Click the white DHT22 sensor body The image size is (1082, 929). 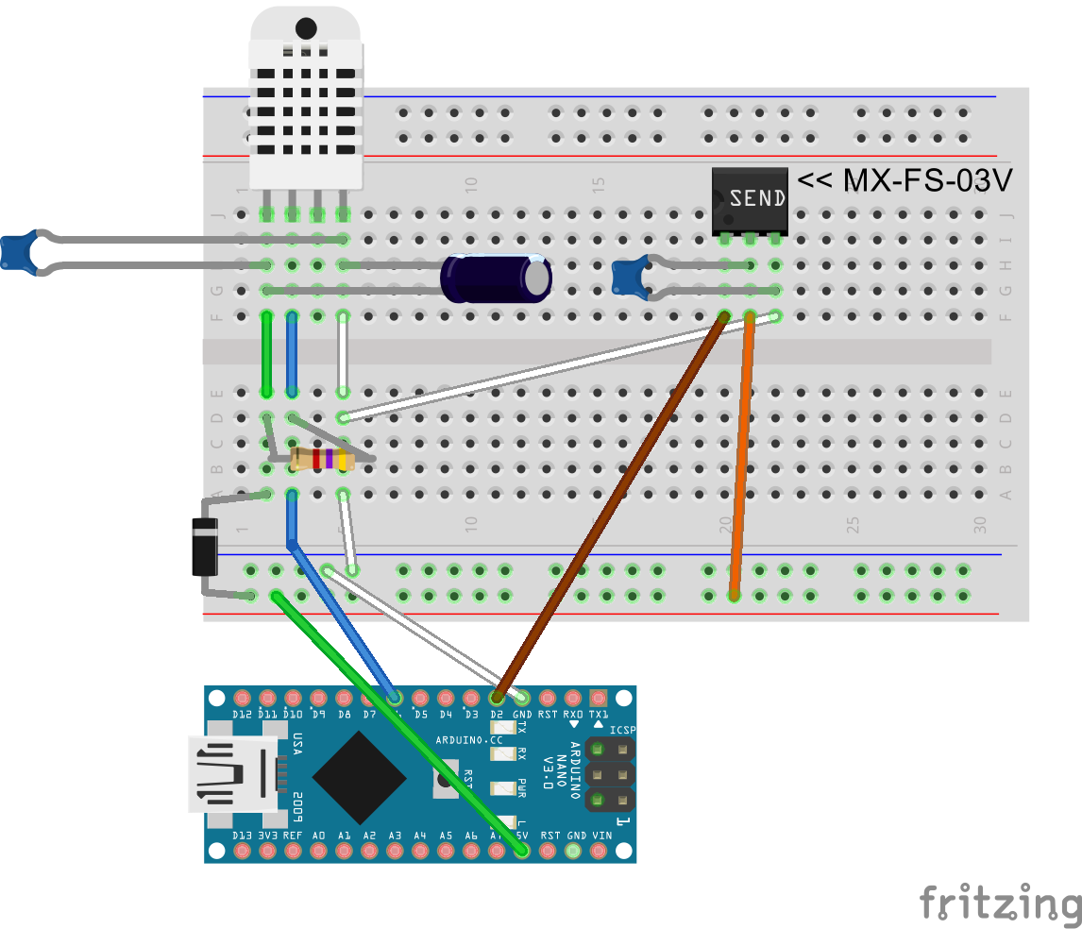[x=305, y=104]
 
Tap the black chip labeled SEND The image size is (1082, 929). [x=750, y=199]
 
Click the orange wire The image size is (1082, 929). [x=742, y=453]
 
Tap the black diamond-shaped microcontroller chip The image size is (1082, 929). [x=361, y=776]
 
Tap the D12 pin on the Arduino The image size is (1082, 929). [x=243, y=698]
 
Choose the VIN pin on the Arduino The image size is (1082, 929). [x=599, y=851]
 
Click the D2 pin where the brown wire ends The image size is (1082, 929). [x=497, y=698]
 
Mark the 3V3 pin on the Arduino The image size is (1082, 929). [x=268, y=851]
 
